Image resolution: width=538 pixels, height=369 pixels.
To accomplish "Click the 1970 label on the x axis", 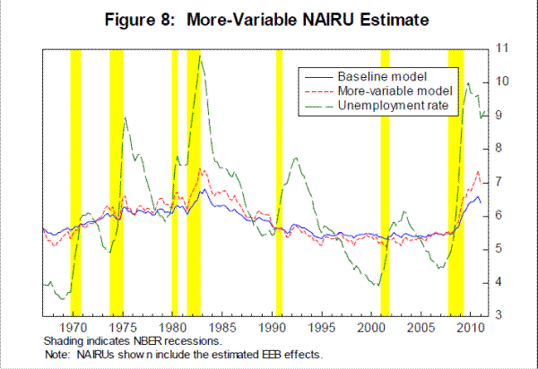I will point(75,328).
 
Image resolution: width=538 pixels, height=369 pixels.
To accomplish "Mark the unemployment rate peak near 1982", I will point(199,57).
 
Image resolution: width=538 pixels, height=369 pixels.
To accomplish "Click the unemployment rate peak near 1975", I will point(125,117).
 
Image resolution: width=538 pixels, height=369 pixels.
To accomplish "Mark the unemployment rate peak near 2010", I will point(468,83).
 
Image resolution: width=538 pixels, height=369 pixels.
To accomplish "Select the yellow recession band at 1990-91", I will point(279,179).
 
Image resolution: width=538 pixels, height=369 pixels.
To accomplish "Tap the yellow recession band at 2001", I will point(385,179).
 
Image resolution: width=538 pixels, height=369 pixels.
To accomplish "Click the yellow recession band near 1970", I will point(75,179).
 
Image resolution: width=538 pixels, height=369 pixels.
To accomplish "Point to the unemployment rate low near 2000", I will point(377,285).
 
